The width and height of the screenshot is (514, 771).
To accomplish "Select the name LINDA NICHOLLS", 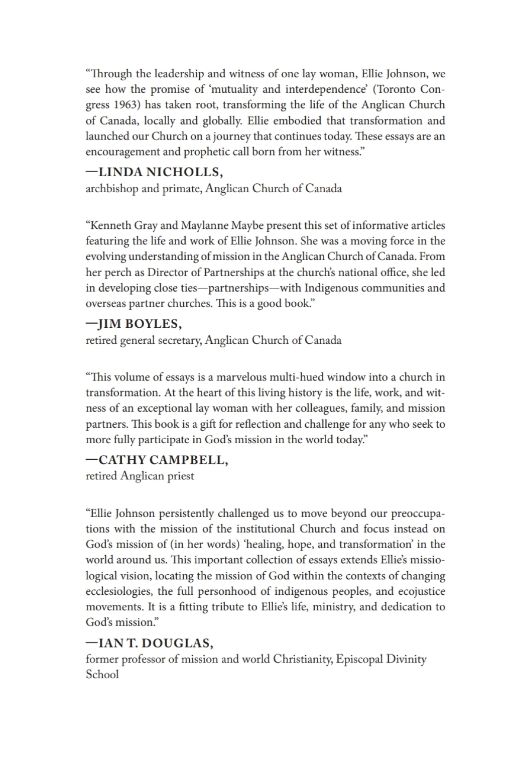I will [160, 172].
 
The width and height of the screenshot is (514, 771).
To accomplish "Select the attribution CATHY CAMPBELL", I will [163, 460].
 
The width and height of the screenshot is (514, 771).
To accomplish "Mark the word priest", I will [181, 476].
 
